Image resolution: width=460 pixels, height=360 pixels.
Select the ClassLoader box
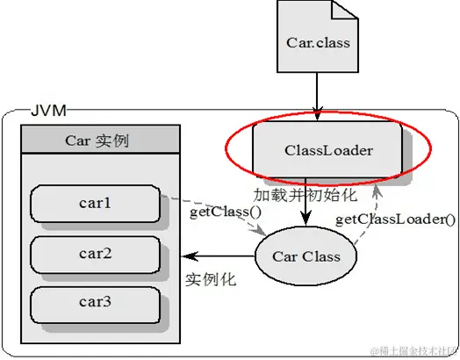click(x=328, y=150)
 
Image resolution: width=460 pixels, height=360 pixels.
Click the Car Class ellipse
click(x=307, y=257)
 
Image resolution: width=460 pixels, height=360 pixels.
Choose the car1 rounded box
click(x=96, y=205)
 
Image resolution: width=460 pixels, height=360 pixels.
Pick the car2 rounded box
click(x=96, y=254)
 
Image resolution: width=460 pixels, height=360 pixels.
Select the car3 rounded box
click(x=96, y=303)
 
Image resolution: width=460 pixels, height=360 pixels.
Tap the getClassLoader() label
click(x=396, y=219)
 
